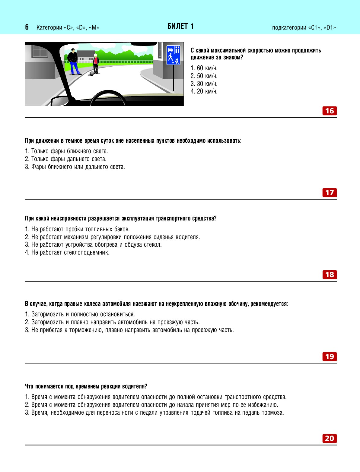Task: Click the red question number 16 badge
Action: coord(329,111)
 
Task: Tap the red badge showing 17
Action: coord(329,193)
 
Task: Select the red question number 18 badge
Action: coord(329,275)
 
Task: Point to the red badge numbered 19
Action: coord(329,357)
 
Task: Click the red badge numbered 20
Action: coord(329,439)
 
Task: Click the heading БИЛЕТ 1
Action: coord(180,27)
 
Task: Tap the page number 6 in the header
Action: coord(27,27)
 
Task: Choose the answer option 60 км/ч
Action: coord(204,68)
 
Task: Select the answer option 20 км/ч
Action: coord(204,91)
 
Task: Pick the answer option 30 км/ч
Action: coord(204,84)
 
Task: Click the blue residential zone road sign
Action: coord(173,55)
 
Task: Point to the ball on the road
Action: coord(91,74)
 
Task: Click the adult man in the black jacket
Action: coord(73,62)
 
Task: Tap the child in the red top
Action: coord(96,64)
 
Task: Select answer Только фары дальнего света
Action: coord(66,159)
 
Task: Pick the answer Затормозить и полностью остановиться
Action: coord(80,314)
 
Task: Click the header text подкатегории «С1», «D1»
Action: coord(304,28)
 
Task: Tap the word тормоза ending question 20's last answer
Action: coord(273,413)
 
